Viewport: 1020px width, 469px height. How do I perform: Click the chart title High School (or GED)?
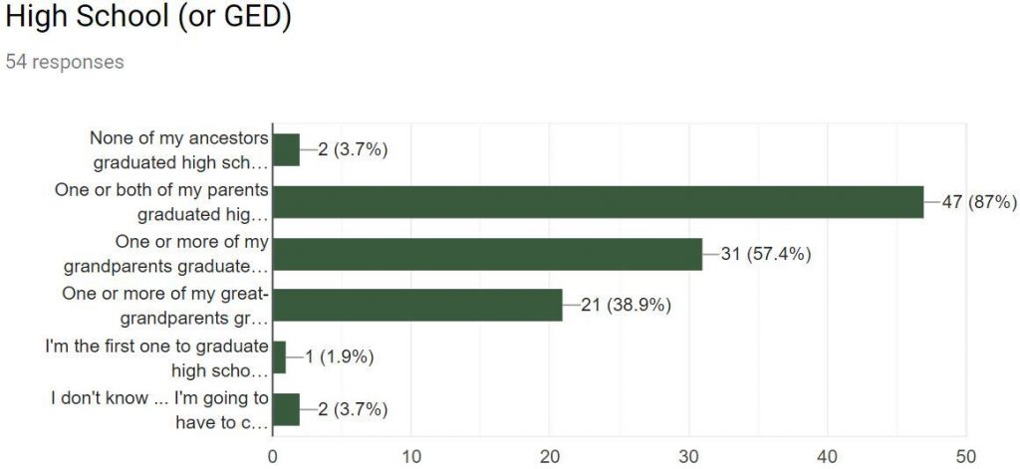(x=147, y=18)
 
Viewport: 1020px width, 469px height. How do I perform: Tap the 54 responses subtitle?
(x=65, y=62)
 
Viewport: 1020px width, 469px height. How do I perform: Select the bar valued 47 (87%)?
(x=598, y=202)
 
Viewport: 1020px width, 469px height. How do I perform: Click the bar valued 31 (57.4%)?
(x=487, y=254)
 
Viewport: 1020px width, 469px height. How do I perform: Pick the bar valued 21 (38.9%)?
(x=417, y=306)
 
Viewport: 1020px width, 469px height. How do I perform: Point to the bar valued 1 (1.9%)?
(x=279, y=357)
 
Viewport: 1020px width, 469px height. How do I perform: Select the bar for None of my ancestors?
(x=286, y=150)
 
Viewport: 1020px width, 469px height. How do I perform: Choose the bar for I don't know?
(x=286, y=409)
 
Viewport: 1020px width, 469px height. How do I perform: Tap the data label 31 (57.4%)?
(x=765, y=254)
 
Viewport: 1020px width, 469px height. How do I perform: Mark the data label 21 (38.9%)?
(x=626, y=306)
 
